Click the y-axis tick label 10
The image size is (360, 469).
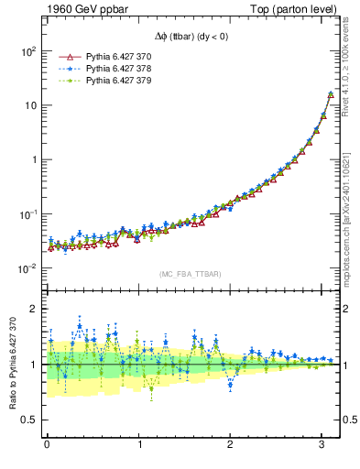(29, 105)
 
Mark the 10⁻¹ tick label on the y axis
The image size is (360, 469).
(27, 214)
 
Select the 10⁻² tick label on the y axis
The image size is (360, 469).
(27, 268)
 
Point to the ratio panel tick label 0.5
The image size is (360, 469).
(30, 420)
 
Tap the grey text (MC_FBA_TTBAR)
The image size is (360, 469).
(191, 274)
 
